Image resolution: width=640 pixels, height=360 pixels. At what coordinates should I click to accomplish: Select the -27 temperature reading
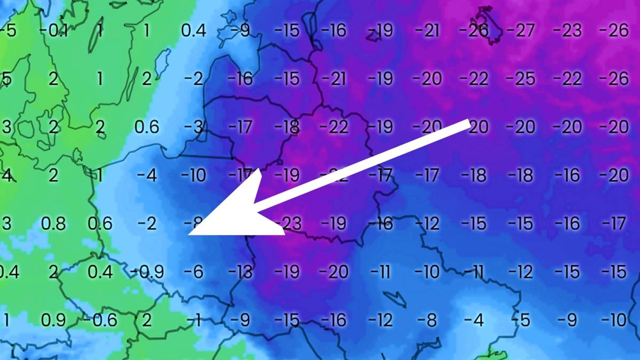(520, 30)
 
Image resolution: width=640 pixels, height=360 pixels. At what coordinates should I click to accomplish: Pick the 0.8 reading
(53, 223)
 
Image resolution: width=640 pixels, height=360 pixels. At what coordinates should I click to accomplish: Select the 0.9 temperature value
(53, 321)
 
